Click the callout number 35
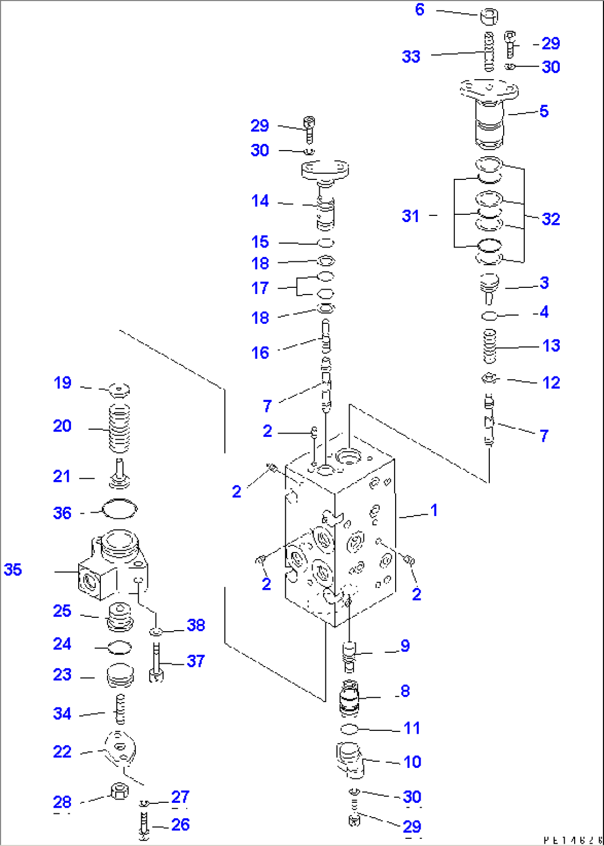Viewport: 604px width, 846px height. point(13,569)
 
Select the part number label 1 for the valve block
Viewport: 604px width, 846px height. point(434,510)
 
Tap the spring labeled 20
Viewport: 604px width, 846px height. point(119,427)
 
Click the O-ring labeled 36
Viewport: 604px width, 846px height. point(120,509)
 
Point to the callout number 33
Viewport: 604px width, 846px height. point(411,56)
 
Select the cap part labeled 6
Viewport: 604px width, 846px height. point(488,17)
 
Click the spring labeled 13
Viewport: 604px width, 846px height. point(490,347)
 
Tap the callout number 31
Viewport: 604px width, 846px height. point(410,216)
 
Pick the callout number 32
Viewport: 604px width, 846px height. point(550,219)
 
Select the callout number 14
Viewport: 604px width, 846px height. point(260,200)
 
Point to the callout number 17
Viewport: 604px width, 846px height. point(260,288)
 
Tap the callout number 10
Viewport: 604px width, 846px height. point(412,762)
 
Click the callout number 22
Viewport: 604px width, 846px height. point(62,751)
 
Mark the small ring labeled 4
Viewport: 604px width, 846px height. point(489,316)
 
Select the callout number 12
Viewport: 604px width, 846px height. point(551,383)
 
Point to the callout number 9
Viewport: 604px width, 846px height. point(405,646)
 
